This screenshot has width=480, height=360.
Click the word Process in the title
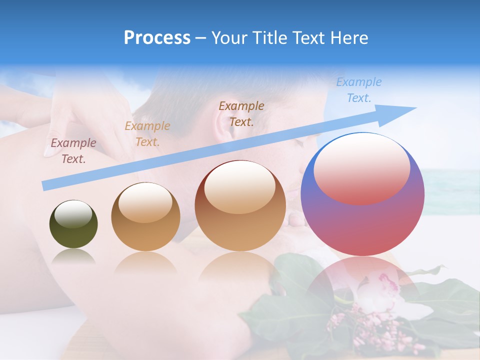[157, 38]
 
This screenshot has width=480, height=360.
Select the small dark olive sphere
[73, 224]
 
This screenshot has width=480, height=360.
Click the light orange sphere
[145, 216]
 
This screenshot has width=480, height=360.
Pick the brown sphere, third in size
[240, 205]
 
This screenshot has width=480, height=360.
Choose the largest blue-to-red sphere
[362, 194]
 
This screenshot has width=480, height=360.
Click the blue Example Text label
[359, 90]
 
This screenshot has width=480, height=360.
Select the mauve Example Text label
[73, 150]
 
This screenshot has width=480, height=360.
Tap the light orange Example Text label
[147, 133]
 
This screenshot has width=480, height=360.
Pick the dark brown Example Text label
[241, 113]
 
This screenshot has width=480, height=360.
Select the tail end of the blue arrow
[46, 186]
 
